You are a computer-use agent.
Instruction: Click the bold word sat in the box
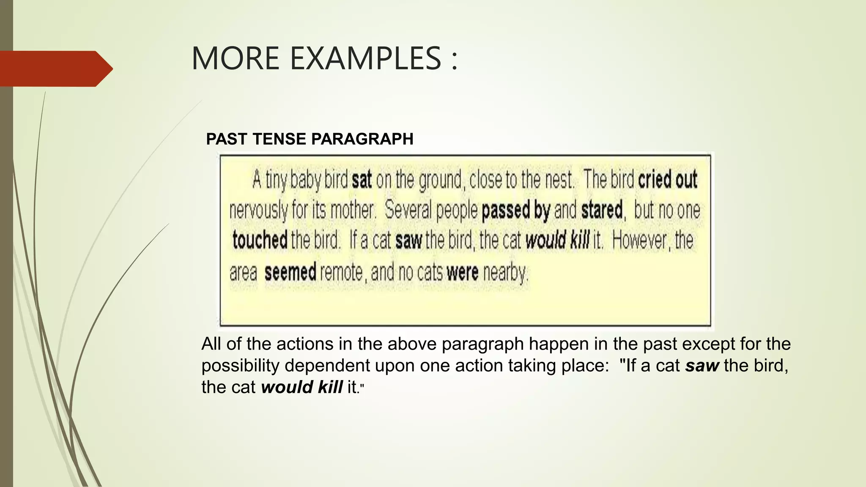point(362,180)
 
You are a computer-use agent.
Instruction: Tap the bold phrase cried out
point(668,180)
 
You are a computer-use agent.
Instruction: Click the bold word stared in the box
point(602,210)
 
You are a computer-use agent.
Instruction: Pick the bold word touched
point(260,240)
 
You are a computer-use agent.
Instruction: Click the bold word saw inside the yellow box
point(408,240)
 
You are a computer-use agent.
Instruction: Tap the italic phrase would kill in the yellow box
point(557,240)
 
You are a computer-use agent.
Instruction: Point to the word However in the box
point(640,240)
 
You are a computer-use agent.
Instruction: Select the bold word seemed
point(290,272)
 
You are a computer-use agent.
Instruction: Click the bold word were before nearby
point(462,272)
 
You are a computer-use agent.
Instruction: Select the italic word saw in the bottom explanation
point(702,366)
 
